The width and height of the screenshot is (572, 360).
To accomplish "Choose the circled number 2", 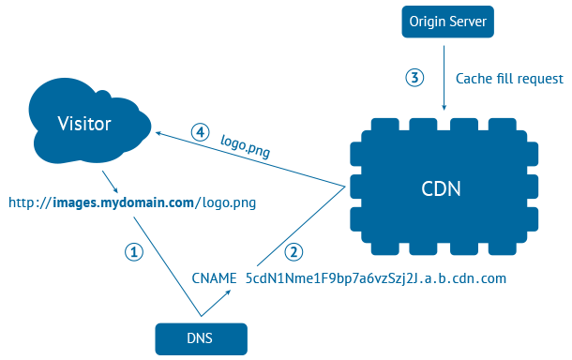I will tap(295, 251).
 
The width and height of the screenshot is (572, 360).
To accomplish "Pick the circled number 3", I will tap(415, 78).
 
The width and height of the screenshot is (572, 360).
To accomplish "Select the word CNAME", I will tap(215, 278).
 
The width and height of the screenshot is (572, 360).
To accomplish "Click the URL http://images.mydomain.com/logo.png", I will tap(132, 202).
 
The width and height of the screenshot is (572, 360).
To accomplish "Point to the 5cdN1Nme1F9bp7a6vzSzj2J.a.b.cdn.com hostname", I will tap(375, 278).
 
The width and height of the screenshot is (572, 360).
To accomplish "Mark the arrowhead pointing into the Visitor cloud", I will tap(159, 134).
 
